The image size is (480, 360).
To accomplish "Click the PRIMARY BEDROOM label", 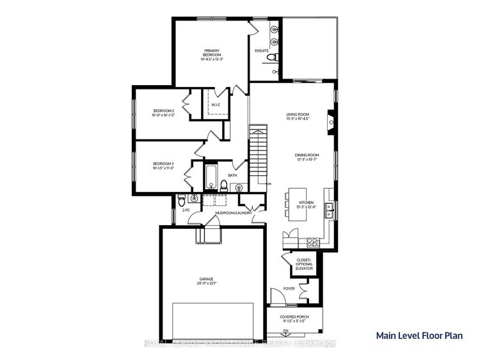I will pos(212,54).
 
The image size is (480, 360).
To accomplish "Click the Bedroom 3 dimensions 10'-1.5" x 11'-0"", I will pos(163,170).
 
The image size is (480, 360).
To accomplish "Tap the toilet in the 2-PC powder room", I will pos(181,197).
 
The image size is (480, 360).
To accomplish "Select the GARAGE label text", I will pos(205,279).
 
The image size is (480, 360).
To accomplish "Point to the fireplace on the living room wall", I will pos(330,120).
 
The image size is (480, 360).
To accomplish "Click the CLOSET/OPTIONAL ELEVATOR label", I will pos(303,264).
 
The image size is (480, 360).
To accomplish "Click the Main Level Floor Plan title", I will pos(419,334).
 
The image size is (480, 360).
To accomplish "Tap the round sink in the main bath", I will pos(239,187).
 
